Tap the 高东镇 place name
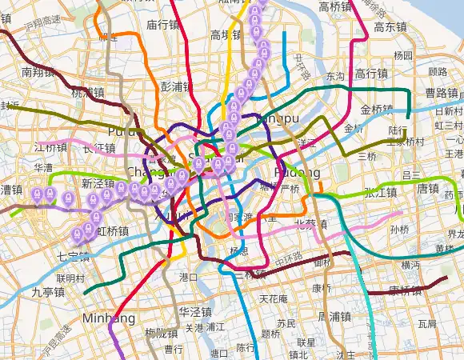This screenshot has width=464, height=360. click(391, 26)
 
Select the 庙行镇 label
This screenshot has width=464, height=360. click(162, 25)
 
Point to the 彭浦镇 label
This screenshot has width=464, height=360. click(177, 86)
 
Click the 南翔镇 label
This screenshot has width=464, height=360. click(38, 72)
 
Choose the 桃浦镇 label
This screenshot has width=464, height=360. click(87, 93)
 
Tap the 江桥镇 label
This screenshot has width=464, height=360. click(51, 148)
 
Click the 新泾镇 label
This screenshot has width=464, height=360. click(98, 183)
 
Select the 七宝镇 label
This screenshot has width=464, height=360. click(73, 256)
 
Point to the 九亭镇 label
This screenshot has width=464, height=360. click(48, 292)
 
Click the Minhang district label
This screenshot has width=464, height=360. click(109, 318)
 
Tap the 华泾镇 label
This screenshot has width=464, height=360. click(194, 312)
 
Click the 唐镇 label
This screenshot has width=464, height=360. click(428, 189)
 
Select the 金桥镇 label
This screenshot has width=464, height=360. click(377, 110)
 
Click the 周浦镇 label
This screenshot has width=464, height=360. click(335, 318)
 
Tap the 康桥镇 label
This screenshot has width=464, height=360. click(405, 290)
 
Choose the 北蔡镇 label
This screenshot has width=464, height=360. click(310, 223)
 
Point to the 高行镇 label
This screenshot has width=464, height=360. click(371, 74)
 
